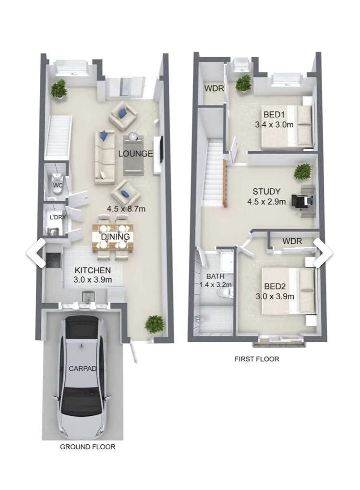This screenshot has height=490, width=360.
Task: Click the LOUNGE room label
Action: point(135,153)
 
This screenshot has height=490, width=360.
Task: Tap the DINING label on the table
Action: point(115,236)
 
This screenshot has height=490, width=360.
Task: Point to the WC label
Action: point(58,185)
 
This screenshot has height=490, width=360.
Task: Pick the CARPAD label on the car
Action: point(83,368)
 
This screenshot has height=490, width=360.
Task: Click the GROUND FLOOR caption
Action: point(87,447)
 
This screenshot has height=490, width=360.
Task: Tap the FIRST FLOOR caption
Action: point(257,359)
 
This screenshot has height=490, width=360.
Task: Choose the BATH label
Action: point(216,276)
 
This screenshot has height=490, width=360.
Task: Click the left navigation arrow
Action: point(36,253)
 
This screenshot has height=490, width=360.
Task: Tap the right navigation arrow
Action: point(323,253)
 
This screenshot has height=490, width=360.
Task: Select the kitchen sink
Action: point(88,296)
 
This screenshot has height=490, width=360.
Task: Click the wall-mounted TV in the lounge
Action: point(161,149)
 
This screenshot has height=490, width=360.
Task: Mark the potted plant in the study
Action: point(303,172)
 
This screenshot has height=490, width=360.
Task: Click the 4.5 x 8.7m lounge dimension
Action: point(126,209)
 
